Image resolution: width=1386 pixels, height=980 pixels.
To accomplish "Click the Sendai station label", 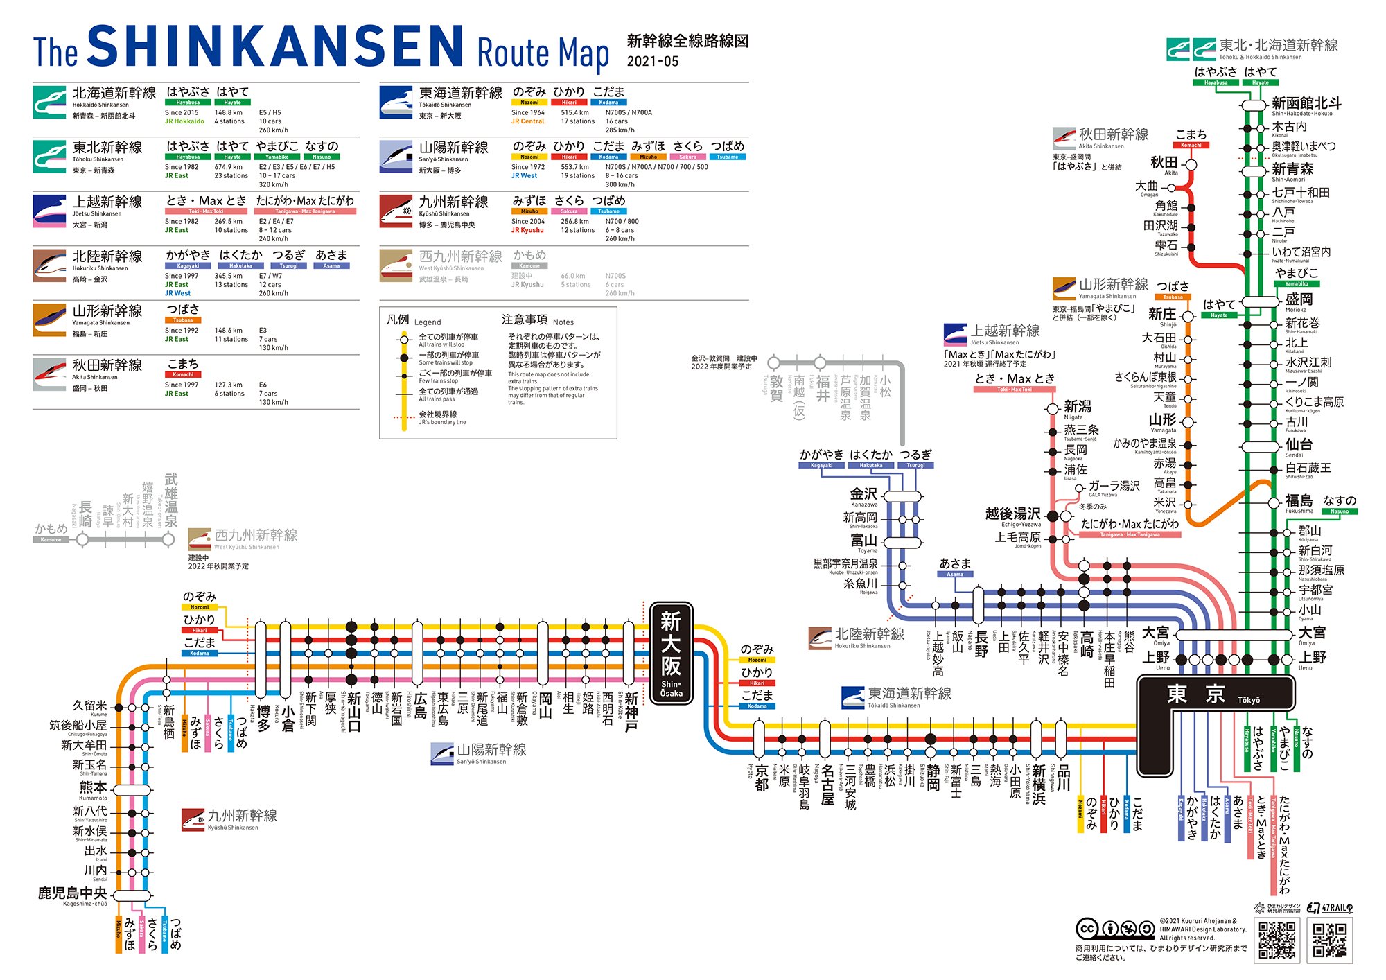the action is click(x=1298, y=445).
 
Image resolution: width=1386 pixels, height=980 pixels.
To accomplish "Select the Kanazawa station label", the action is click(x=864, y=495).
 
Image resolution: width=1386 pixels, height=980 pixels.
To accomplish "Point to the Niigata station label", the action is click(x=1077, y=408).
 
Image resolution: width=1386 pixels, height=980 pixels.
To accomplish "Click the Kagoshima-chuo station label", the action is click(x=73, y=894).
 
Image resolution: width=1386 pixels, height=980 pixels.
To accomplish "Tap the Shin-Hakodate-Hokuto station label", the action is click(x=1306, y=104).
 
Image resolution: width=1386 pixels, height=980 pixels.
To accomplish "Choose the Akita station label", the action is click(x=1164, y=163).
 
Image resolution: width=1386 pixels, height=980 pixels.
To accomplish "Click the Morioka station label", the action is click(x=1298, y=300).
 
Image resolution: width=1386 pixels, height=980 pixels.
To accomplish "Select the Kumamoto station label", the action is click(x=94, y=789).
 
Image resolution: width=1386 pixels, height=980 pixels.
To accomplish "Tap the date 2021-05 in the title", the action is click(x=653, y=62).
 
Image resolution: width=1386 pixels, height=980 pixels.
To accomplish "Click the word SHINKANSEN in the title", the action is click(x=276, y=47).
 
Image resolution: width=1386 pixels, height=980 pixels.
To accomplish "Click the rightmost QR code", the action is click(x=1330, y=940).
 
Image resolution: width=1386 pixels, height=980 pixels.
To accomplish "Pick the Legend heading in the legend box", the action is click(x=413, y=321).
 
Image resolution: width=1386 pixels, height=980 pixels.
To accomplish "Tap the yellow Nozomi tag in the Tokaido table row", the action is click(x=529, y=103).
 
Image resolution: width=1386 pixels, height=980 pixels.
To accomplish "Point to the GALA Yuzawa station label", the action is click(x=1114, y=487).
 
